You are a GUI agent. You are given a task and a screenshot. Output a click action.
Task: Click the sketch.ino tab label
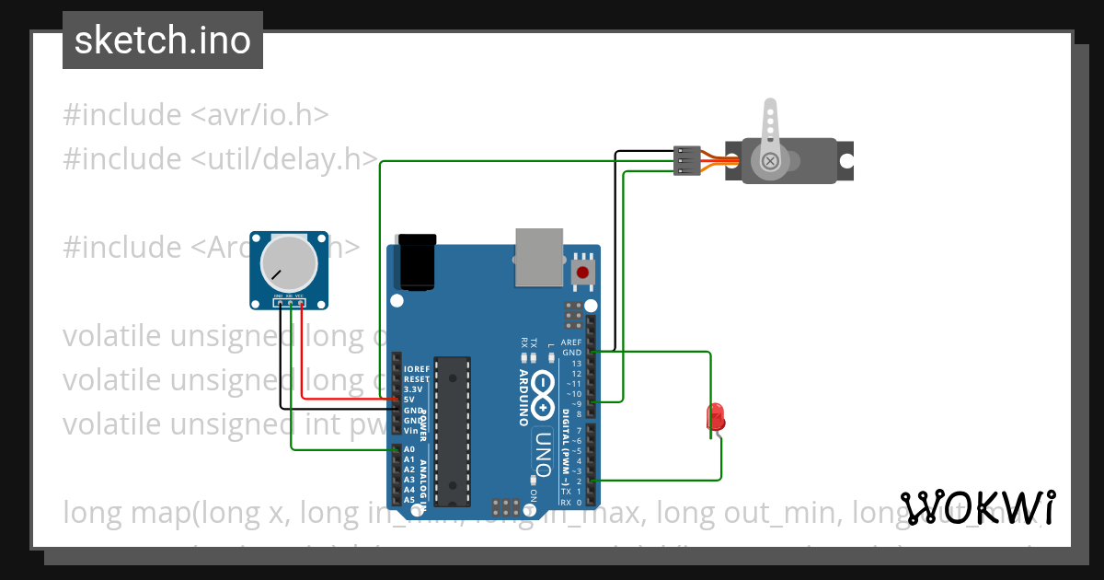click(x=163, y=41)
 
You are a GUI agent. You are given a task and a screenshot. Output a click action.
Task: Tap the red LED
click(x=715, y=418)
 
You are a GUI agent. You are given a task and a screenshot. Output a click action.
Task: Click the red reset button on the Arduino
click(x=582, y=273)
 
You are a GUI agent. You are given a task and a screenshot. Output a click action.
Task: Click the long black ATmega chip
click(x=453, y=431)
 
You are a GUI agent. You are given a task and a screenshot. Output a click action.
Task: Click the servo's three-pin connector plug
click(x=686, y=160)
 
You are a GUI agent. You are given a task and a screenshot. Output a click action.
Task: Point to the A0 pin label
click(x=409, y=449)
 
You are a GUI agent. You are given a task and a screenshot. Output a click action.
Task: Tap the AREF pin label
click(x=572, y=342)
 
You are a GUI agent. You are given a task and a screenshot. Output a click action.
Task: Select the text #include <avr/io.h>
click(x=196, y=115)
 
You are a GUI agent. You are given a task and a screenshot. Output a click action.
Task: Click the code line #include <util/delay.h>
click(x=221, y=159)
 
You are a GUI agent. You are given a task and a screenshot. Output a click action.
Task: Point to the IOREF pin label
click(x=417, y=369)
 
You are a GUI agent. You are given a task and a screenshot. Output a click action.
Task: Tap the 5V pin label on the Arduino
click(x=408, y=400)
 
